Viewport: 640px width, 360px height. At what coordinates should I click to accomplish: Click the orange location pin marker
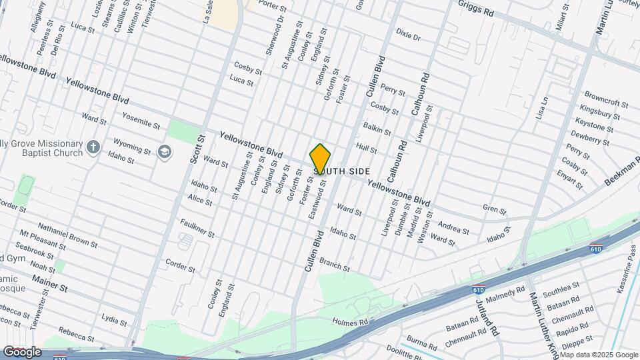click(321, 159)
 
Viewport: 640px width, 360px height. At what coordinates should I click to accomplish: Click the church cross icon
click(94, 146)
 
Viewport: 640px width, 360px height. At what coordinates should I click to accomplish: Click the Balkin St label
click(376, 127)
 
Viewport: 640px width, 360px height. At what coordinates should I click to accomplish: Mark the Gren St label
click(495, 209)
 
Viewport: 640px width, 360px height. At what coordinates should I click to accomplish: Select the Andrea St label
click(453, 227)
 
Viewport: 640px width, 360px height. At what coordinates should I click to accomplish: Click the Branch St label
click(334, 264)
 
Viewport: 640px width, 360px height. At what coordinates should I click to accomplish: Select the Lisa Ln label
click(541, 108)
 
